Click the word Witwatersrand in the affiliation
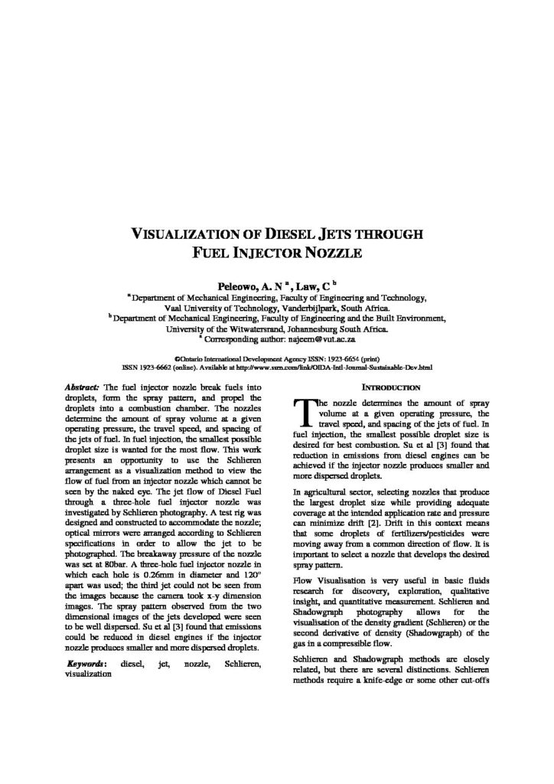258,328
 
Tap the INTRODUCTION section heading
390,387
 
